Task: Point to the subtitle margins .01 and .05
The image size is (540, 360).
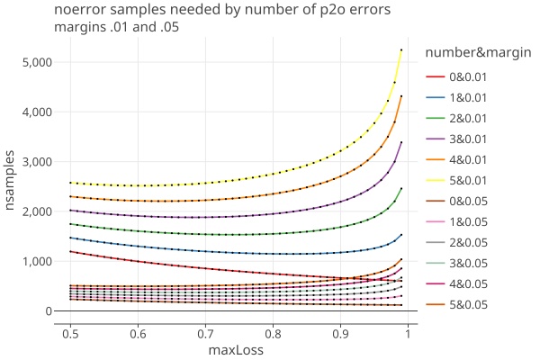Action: [117, 27]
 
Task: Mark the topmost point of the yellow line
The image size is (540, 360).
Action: [401, 49]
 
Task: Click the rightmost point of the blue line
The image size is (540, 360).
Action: [401, 235]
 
